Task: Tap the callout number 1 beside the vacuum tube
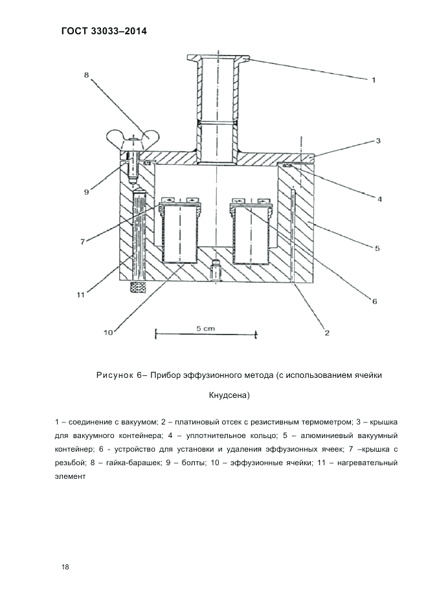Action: click(x=373, y=80)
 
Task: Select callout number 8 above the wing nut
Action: click(x=86, y=74)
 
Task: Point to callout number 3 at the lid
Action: click(x=378, y=140)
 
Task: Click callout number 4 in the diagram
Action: click(x=379, y=199)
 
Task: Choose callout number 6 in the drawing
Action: click(x=374, y=301)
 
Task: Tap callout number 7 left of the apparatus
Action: click(x=82, y=241)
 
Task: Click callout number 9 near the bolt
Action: click(x=85, y=191)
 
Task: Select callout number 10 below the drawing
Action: click(x=108, y=333)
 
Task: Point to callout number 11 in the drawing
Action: click(x=80, y=295)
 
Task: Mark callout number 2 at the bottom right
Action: click(x=327, y=333)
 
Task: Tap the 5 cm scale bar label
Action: click(x=205, y=328)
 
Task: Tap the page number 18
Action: click(x=65, y=567)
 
